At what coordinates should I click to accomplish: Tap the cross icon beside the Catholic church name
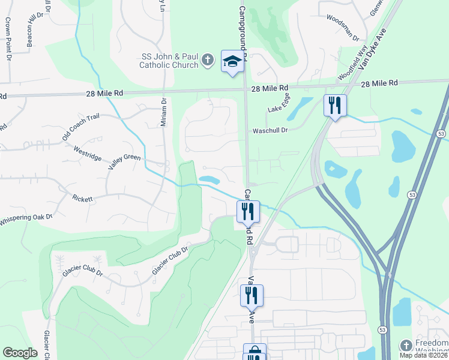point(207,60)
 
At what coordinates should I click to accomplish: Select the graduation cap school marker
point(233,61)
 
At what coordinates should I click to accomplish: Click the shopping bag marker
point(255,353)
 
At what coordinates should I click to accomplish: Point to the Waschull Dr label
point(271,130)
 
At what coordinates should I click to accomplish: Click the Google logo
point(20,352)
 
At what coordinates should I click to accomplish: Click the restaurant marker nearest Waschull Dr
point(333,106)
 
